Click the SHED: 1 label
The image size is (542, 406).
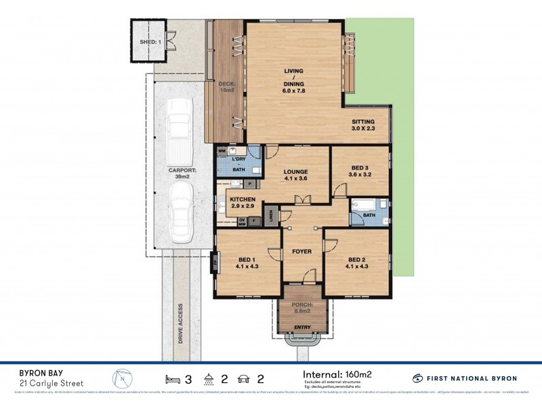(x=150, y=42)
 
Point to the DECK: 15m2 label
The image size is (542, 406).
(x=226, y=87)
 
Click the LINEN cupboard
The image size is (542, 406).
(x=270, y=215)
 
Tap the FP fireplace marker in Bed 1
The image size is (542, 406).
(x=215, y=260)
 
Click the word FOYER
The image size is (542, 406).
(x=301, y=252)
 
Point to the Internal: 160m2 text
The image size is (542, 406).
(x=337, y=374)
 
